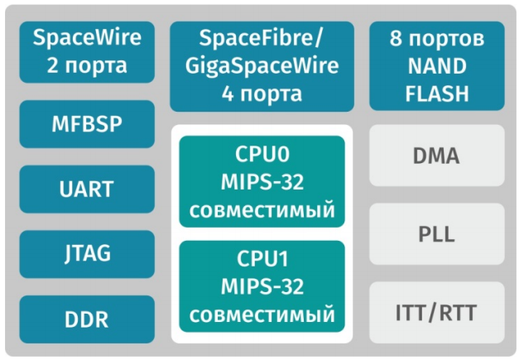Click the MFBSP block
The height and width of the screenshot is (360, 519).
(x=86, y=125)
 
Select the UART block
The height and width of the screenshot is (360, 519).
(x=86, y=190)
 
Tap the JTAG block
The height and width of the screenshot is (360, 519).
(x=86, y=254)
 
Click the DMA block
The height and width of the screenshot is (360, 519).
(x=435, y=155)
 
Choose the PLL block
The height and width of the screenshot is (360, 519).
(x=435, y=233)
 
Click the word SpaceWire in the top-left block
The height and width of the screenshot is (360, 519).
(x=86, y=38)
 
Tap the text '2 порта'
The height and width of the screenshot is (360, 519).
(x=86, y=65)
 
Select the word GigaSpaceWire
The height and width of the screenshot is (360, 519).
(x=262, y=65)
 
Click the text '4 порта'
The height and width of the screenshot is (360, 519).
(x=262, y=93)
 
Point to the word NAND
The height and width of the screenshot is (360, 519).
(x=435, y=65)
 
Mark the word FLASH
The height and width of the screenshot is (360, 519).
(x=435, y=93)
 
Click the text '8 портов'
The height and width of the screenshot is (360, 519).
(x=435, y=38)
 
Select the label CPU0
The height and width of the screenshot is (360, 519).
(x=262, y=155)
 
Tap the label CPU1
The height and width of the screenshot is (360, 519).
(x=262, y=260)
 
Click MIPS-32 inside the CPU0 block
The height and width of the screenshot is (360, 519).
(x=262, y=182)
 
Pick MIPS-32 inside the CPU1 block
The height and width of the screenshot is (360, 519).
(x=262, y=287)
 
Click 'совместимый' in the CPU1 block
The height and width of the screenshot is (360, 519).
(x=262, y=314)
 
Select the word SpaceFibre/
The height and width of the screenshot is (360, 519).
(x=262, y=38)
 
